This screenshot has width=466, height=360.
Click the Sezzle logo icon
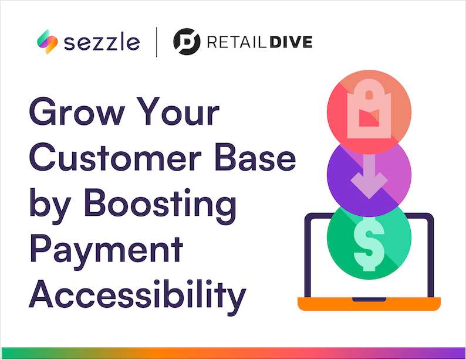coord(46,42)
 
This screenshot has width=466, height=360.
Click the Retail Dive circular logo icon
coord(187,42)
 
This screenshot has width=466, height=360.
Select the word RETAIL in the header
coord(234,42)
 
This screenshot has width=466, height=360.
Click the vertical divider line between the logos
coord(157,42)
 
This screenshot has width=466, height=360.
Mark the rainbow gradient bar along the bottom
coord(233,353)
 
